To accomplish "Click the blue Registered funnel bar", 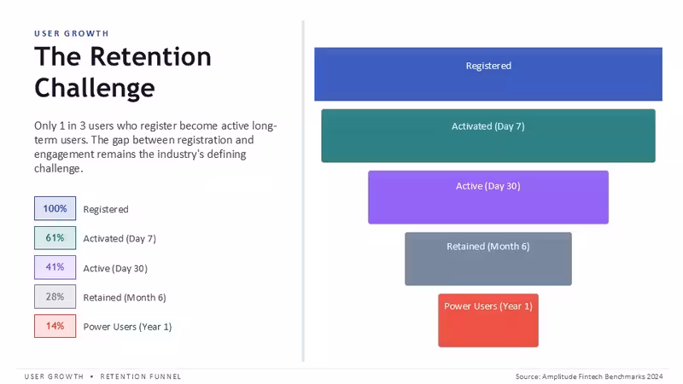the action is click(488, 74).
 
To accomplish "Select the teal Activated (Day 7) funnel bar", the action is click(488, 136).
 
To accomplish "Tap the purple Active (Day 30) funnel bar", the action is click(488, 197).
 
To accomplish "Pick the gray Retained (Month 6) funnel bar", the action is click(488, 259).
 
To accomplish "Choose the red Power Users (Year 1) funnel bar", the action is click(488, 321).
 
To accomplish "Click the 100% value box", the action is click(55, 208).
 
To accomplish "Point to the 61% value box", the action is click(55, 238).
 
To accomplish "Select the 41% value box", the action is click(55, 267).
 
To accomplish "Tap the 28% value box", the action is click(55, 296).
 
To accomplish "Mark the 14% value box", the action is click(55, 326).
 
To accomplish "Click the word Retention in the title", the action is click(151, 56).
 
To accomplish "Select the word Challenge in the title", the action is click(95, 89).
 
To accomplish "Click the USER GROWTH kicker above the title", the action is click(72, 33).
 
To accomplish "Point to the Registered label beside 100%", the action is click(106, 209).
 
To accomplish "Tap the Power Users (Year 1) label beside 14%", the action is click(127, 327).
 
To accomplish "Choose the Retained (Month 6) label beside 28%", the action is click(125, 298).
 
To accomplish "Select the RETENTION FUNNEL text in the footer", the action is click(141, 376).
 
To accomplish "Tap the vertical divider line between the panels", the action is click(303, 190).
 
